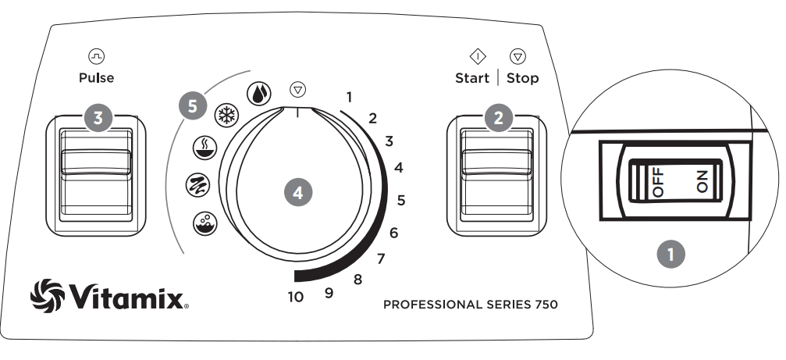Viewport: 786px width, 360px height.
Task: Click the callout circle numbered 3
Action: [98, 118]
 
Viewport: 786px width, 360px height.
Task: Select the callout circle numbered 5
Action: [193, 105]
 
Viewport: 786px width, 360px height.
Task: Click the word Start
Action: [472, 78]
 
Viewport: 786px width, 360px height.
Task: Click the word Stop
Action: [522, 78]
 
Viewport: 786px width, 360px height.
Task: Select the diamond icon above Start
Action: [477, 56]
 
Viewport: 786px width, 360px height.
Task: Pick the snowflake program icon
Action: [226, 112]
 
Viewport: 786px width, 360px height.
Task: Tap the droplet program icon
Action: [258, 93]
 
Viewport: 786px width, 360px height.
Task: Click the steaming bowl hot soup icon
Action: [203, 148]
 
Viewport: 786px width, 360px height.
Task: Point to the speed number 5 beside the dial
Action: [400, 200]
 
